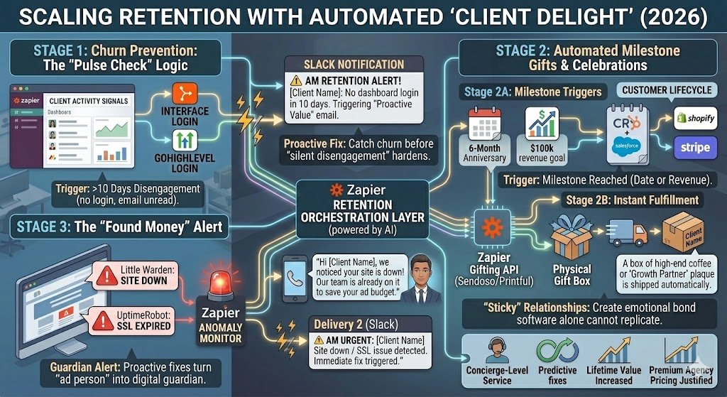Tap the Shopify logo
pos(695,117)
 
